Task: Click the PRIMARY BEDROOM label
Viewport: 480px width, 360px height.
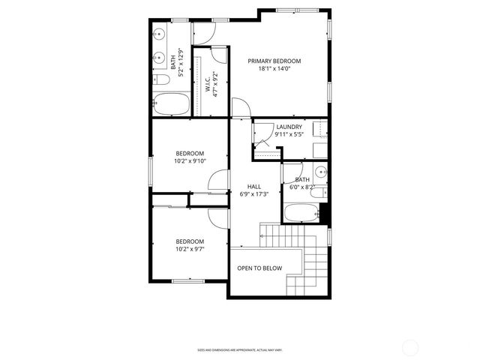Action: pyautogui.click(x=274, y=61)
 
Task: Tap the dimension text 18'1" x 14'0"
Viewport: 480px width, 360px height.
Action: pyautogui.click(x=274, y=68)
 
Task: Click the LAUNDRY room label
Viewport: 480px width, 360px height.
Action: pyautogui.click(x=289, y=127)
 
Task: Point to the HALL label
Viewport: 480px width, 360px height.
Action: pyautogui.click(x=254, y=187)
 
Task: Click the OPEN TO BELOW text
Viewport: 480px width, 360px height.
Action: pyautogui.click(x=259, y=268)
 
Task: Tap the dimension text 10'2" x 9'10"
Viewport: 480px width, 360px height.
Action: pyautogui.click(x=190, y=160)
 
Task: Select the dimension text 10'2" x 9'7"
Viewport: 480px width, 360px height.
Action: pyautogui.click(x=190, y=249)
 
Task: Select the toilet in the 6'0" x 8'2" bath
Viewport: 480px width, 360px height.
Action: pyautogui.click(x=318, y=193)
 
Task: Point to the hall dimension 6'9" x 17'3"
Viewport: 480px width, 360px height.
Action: pyautogui.click(x=254, y=194)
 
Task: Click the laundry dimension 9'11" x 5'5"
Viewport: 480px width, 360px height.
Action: pyautogui.click(x=289, y=135)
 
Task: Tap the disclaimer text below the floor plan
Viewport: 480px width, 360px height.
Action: pyautogui.click(x=240, y=349)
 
